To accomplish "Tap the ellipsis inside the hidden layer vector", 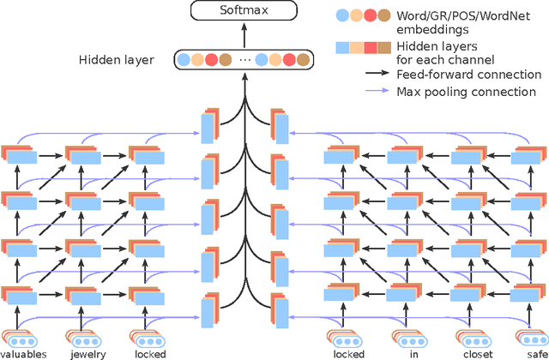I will [245, 60].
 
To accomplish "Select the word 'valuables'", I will [24, 353].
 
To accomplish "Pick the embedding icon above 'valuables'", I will [18, 338].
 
